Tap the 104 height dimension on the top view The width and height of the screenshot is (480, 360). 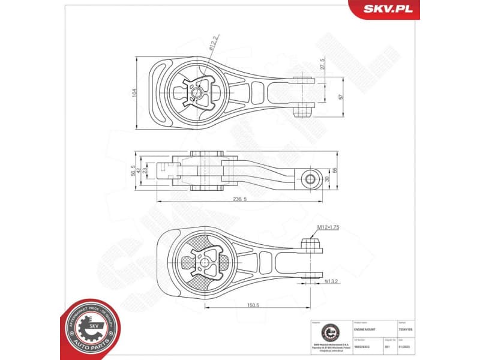[x=135, y=93]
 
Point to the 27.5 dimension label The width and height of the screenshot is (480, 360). [x=322, y=64]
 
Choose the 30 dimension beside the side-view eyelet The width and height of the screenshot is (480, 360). [x=326, y=178]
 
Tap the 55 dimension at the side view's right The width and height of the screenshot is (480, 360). [x=335, y=171]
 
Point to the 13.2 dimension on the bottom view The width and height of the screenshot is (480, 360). [x=331, y=280]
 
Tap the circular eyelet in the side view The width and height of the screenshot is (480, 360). [x=310, y=178]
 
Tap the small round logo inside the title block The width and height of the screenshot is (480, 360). [x=329, y=331]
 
